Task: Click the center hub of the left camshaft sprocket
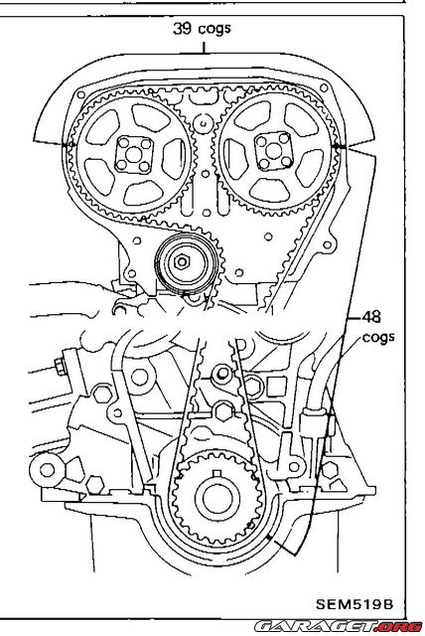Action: click(134, 156)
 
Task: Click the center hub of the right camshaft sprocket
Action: click(271, 152)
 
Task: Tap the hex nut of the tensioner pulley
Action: click(185, 263)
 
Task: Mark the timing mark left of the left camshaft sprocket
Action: click(68, 145)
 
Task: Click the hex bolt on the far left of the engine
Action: click(59, 370)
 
